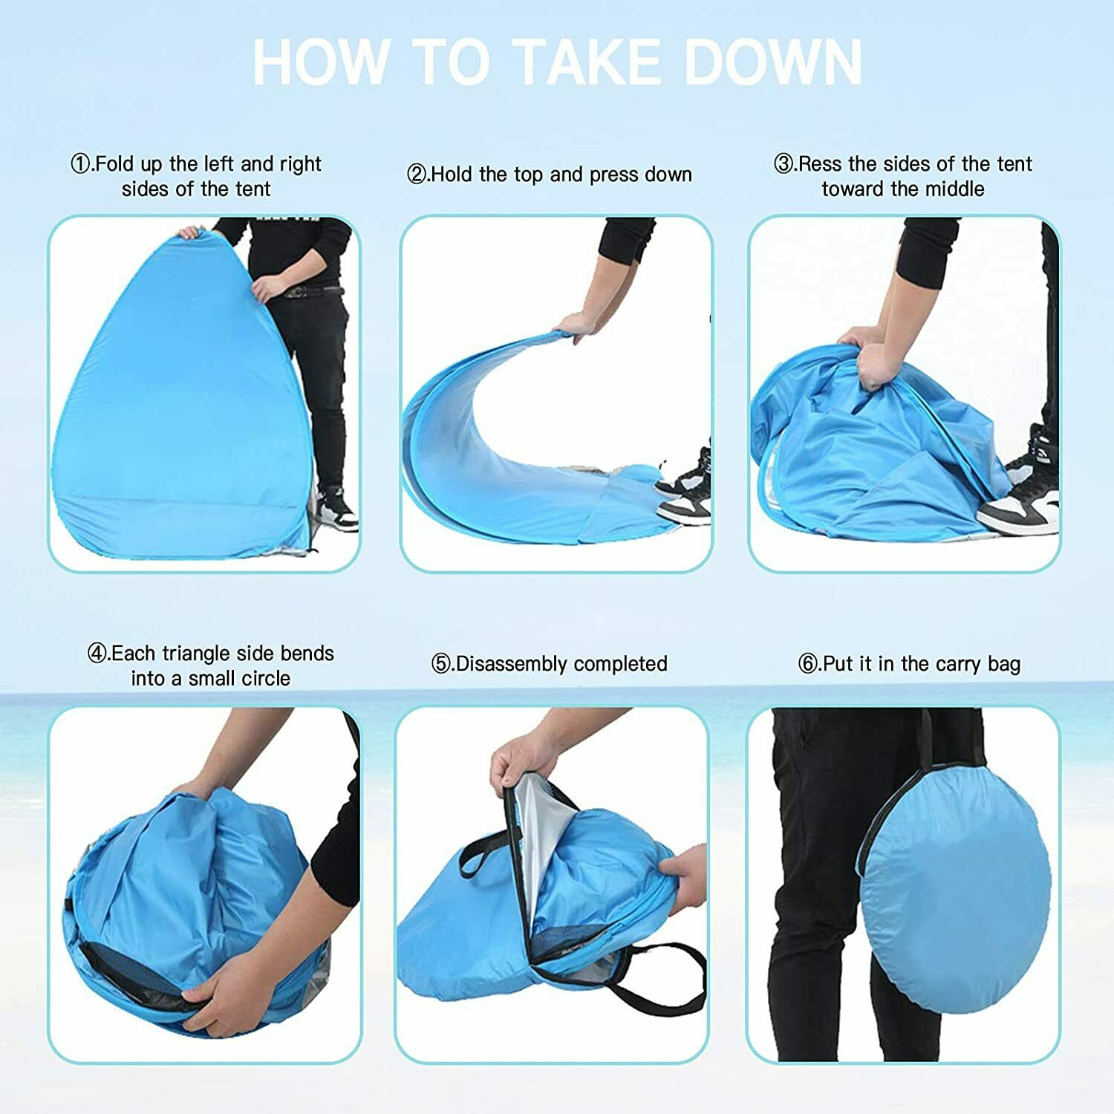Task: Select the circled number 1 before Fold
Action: [x=80, y=164]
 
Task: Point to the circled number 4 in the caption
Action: [x=97, y=654]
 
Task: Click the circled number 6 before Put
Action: [x=808, y=664]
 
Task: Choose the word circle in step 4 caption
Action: [x=265, y=679]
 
